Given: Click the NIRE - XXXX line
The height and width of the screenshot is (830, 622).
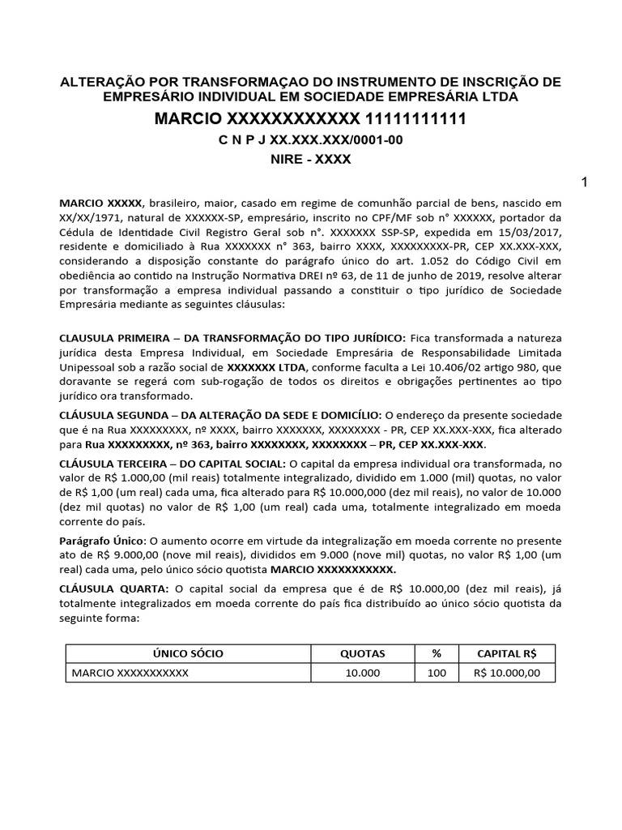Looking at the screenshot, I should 310,160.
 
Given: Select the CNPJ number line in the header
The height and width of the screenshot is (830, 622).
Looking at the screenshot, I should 310,140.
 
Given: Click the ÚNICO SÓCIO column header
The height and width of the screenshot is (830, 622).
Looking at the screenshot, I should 189,653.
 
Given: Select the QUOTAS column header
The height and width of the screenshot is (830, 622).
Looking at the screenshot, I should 362,653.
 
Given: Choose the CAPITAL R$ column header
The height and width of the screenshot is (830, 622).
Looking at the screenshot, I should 506,653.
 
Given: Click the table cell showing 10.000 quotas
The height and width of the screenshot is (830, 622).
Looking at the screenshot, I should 362,674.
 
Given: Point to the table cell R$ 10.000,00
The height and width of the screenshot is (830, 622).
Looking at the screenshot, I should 506,674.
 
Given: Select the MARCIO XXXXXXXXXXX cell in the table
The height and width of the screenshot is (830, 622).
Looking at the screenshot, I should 130,674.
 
